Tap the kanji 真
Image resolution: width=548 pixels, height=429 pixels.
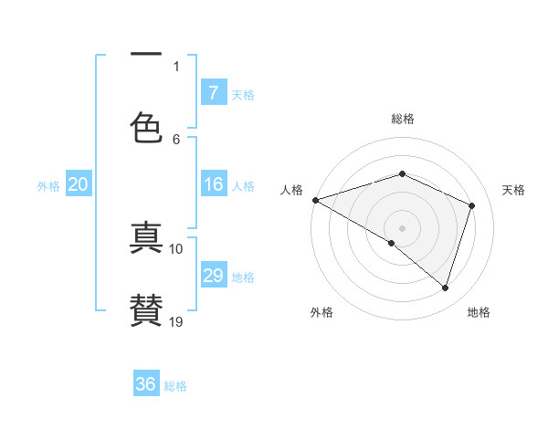(146, 239)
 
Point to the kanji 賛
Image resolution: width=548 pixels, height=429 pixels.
(146, 310)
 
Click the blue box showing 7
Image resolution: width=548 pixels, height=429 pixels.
(213, 93)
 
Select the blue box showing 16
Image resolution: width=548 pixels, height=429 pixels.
(213, 185)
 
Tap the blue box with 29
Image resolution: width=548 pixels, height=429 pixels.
(213, 277)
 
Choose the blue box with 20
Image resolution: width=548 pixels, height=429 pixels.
(79, 185)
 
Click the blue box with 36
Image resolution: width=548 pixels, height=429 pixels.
(146, 384)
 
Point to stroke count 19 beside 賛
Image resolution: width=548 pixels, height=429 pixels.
(176, 321)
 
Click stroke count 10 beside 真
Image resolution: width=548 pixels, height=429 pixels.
(176, 248)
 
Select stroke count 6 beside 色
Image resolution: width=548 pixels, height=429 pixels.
(176, 139)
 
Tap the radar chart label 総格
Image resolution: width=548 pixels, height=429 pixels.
(402, 119)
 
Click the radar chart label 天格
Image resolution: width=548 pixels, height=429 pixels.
(513, 190)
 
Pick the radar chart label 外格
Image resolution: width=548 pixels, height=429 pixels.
(321, 313)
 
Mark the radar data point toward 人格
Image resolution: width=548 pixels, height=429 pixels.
(315, 200)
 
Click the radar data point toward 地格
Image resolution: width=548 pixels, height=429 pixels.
(445, 288)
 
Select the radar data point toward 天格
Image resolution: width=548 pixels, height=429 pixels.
(471, 205)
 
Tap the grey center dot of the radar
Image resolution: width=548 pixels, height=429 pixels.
(402, 227)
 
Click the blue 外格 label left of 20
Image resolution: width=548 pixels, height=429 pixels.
(48, 186)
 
